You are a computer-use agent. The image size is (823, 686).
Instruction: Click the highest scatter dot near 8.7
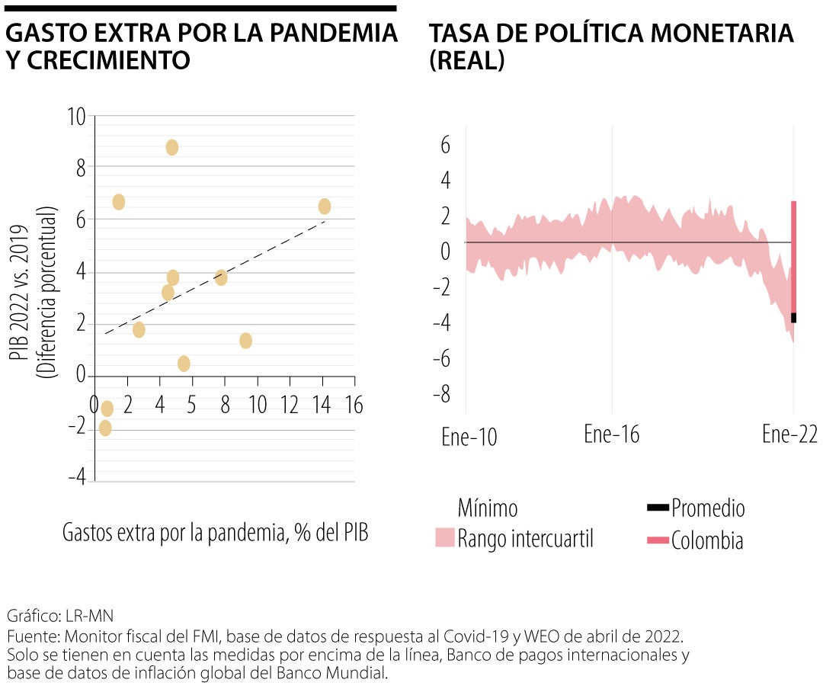(x=172, y=148)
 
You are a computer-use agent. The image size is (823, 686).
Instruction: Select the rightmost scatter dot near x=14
(x=325, y=207)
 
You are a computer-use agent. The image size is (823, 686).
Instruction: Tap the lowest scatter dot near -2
(x=105, y=428)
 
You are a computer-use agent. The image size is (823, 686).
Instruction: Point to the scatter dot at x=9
(x=245, y=341)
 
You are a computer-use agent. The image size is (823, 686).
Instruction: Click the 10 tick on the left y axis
(x=76, y=117)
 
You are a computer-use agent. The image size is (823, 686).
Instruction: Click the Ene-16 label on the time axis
(x=612, y=434)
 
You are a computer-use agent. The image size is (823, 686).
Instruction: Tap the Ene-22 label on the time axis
(x=789, y=434)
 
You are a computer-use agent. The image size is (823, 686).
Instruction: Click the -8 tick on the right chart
(x=441, y=395)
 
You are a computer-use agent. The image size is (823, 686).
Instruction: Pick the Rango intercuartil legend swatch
(x=444, y=537)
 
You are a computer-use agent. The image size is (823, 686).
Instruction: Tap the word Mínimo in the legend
(x=488, y=508)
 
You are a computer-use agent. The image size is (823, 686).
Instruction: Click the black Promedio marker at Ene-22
(x=793, y=318)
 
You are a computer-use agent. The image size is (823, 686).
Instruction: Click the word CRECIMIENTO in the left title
(x=98, y=61)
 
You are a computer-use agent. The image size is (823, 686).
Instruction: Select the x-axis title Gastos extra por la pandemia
(x=216, y=533)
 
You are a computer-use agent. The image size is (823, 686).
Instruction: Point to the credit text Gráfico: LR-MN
(x=59, y=615)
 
